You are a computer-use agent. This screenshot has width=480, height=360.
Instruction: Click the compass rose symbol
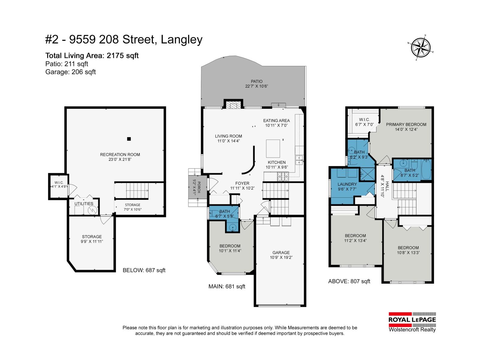421,48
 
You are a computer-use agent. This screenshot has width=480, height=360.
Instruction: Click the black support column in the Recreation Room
129,139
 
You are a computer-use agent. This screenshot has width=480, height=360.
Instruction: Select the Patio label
256,81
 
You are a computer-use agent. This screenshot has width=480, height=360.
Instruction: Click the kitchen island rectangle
273,148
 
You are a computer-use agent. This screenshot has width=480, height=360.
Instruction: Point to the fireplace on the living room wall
233,105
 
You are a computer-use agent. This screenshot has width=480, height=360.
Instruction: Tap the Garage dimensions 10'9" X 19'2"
281,257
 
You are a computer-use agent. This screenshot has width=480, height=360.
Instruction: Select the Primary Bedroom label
406,124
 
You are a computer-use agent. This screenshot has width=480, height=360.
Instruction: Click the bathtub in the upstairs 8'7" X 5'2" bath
426,170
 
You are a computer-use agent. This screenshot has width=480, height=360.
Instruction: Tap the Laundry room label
347,184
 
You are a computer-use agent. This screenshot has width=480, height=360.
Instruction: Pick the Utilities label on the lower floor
84,204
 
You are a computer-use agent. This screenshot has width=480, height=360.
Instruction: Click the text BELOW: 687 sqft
144,270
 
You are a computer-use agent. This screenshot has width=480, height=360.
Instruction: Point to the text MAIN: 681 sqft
227,286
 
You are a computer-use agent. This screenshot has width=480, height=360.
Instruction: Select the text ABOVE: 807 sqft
349,281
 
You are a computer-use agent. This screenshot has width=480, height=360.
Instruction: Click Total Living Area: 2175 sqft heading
92,56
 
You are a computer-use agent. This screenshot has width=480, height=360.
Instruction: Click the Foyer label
242,183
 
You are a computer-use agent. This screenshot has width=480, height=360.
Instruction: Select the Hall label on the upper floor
387,186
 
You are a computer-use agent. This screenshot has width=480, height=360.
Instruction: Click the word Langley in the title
182,40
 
